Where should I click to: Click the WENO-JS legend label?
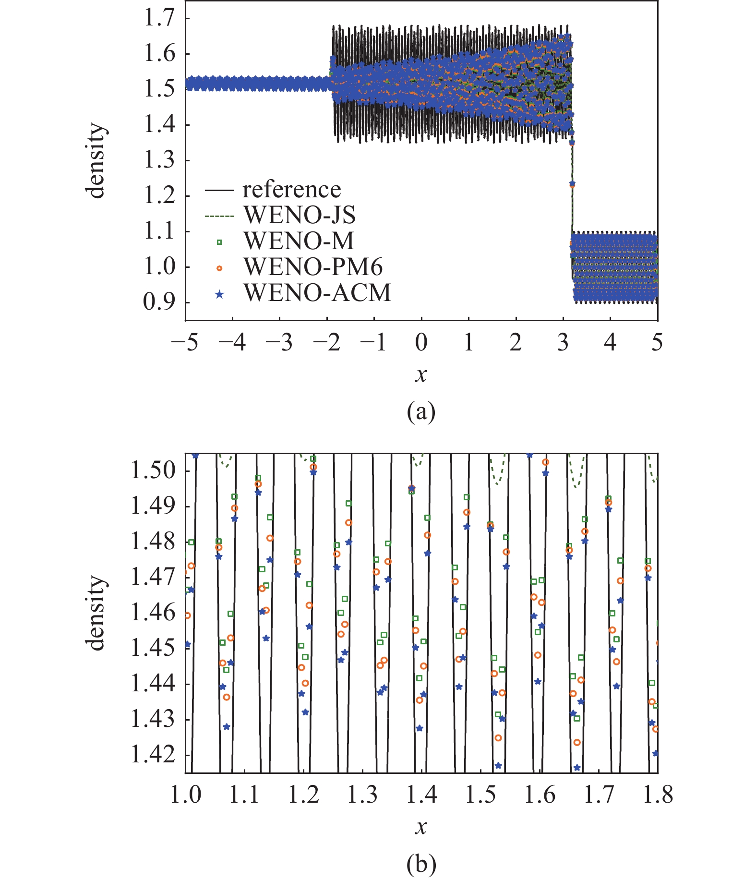[300, 215]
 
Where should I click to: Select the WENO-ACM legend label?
[317, 292]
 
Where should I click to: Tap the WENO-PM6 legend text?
[313, 266]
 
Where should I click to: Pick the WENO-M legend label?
[299, 241]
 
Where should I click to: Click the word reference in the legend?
[291, 189]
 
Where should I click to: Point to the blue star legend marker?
[219, 294]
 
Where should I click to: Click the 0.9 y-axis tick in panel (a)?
[159, 302]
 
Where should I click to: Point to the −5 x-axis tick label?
[185, 343]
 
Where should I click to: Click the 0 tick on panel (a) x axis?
[421, 343]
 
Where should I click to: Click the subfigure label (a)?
[421, 412]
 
